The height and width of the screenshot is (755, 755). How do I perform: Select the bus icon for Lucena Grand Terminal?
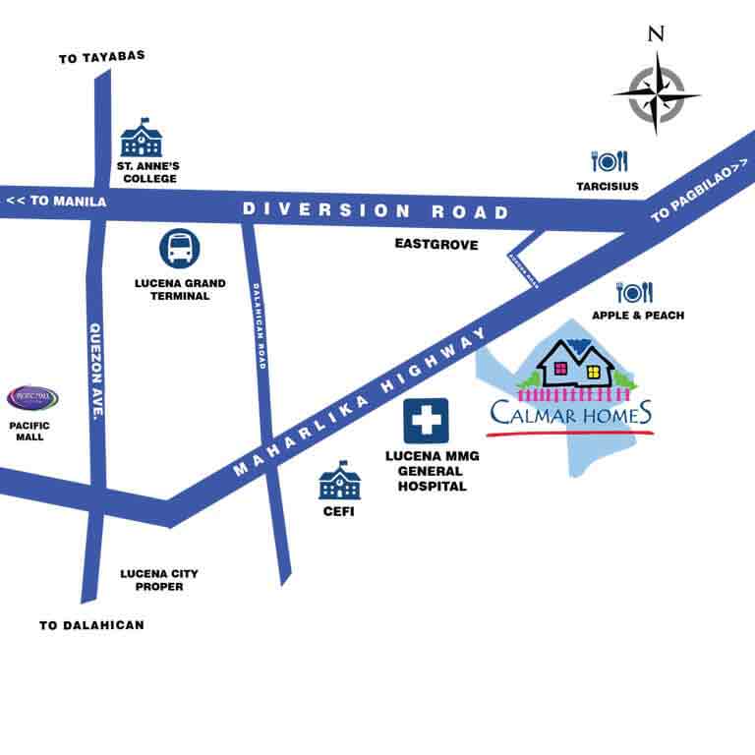tap(180, 250)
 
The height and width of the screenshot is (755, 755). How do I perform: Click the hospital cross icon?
tap(426, 421)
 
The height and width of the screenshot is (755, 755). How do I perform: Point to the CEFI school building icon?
tap(339, 481)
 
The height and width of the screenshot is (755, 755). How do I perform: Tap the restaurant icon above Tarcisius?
tap(609, 161)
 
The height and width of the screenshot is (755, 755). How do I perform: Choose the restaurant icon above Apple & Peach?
tap(635, 292)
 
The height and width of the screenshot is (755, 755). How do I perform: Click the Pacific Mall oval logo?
tap(32, 398)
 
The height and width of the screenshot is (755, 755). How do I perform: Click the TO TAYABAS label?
tap(102, 56)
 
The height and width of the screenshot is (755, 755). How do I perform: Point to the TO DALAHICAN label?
tap(91, 624)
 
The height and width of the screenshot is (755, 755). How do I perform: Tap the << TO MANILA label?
tap(55, 202)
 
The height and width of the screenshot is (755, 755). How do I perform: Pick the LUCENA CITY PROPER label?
tap(151, 580)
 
